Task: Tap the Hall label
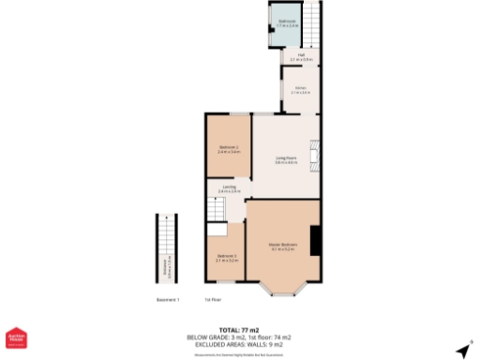click(302, 57)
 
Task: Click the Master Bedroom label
click(282, 247)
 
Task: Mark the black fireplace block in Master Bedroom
click(317, 240)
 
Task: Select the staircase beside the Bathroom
click(314, 24)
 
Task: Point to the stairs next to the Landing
click(217, 231)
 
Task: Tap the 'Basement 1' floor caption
click(168, 301)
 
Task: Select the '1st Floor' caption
click(213, 301)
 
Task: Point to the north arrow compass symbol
click(463, 349)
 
